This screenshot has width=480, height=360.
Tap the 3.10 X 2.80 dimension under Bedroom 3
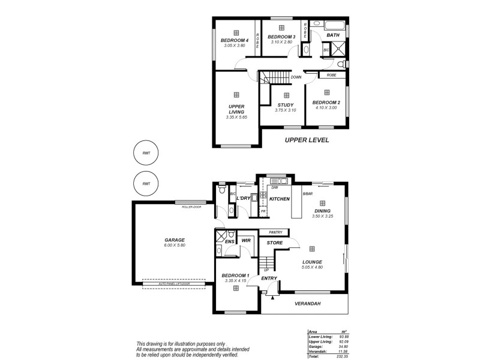[x=281, y=42]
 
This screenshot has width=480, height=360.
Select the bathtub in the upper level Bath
[x=335, y=25]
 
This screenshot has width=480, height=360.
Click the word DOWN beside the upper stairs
[x=296, y=77]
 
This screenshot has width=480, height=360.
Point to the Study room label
[x=286, y=104]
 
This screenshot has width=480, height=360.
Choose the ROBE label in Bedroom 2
[x=331, y=75]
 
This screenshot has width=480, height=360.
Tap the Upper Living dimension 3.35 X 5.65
[x=236, y=118]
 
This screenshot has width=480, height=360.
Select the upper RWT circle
[x=146, y=153]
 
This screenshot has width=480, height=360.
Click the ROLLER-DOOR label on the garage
[x=191, y=206]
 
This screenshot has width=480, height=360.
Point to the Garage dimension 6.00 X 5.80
[x=174, y=245]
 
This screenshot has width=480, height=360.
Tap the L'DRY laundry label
[x=243, y=198]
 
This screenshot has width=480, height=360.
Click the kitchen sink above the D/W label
[x=279, y=181]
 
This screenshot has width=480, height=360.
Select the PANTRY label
[x=276, y=232]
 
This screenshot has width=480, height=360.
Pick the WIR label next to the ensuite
[x=245, y=241]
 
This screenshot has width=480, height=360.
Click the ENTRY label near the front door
[x=269, y=277]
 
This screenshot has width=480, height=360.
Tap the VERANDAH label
[x=307, y=304]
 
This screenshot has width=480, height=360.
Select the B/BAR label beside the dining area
[x=308, y=194]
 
